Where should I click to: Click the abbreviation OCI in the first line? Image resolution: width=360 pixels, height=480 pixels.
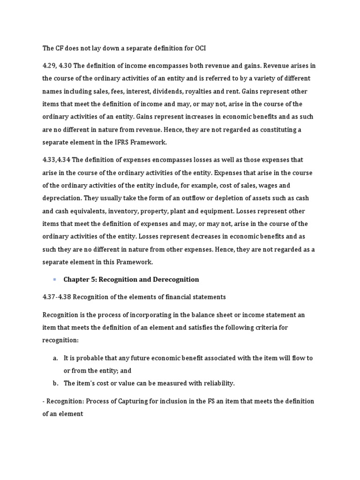coord(199,48)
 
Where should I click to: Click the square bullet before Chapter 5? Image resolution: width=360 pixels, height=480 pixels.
coord(54,279)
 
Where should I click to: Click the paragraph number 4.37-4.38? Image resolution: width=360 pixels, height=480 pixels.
coord(57,297)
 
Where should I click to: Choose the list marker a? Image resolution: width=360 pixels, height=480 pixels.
coord(55,358)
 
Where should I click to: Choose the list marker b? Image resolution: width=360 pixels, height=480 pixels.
coord(55,383)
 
